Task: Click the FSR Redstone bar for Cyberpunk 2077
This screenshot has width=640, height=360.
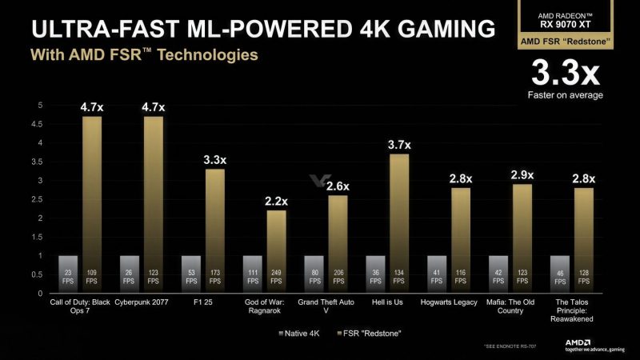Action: coord(154,200)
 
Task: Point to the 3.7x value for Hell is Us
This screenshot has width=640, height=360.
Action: coord(399,145)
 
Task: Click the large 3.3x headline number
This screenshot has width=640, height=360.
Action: coord(565,74)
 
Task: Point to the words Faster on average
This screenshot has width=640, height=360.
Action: coord(565,95)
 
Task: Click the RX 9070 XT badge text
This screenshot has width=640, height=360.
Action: coord(565,22)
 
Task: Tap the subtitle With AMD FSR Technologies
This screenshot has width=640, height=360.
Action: coord(144,56)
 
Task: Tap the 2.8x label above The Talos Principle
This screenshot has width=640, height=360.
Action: coord(583,178)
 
